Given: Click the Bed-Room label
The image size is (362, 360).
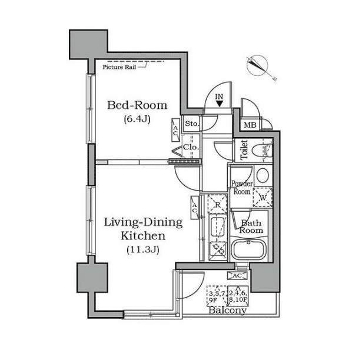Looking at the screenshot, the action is pos(137,105).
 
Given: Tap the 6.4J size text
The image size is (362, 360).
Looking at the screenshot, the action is pos(137,119).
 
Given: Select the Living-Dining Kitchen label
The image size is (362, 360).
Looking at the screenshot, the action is pos(144,229).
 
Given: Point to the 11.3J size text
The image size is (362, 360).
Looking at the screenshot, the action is pos(143,249).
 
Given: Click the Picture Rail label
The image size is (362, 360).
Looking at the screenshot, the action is pos(119,67).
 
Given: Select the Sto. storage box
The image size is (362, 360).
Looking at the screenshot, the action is pos(191,124).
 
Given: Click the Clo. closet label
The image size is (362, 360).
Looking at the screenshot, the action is pos(191,147).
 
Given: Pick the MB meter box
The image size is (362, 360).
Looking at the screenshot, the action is pos(250,125).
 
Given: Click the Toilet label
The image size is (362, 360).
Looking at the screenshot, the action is pos(244,150).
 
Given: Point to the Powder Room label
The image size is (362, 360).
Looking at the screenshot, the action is pos(242,188).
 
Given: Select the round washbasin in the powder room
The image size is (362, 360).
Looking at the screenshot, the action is pos(263,175).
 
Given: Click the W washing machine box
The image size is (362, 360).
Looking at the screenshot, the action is pos(263,197).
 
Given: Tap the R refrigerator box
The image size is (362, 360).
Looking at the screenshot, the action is pos(217,204).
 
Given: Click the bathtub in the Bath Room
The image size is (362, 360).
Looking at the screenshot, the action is pos(248,250).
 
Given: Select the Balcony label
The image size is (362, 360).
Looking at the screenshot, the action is pos(228,310).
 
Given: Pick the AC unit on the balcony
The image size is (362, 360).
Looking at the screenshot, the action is pos(237,275).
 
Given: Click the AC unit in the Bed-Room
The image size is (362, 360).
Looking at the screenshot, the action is pos(175,130).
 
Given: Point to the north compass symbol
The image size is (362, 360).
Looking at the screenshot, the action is pos(257,65).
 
